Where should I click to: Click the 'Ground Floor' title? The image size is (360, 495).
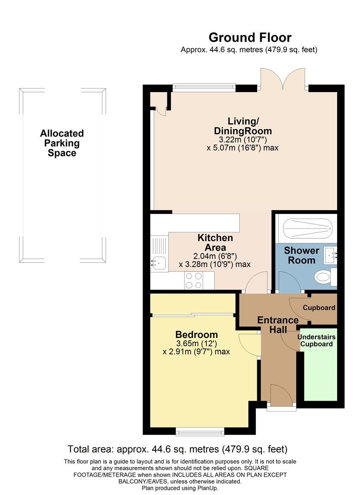250,37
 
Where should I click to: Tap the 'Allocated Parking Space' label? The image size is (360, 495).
62,143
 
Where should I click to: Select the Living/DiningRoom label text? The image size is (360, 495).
243,126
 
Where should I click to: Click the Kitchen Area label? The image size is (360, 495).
215,242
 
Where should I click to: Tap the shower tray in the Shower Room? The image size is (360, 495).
305,228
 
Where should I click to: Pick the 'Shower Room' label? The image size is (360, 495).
301,255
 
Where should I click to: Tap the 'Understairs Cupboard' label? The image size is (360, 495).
317,340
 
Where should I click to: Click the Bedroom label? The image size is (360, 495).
197,335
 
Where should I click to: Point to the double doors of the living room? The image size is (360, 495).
282,79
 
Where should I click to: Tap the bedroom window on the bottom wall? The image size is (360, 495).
200,431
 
